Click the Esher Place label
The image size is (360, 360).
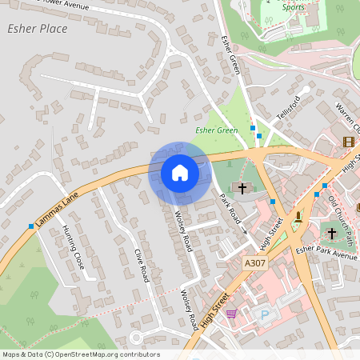coord(36,29)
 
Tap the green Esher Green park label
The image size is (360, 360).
coord(216,130)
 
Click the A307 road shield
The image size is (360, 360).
coord(254,262)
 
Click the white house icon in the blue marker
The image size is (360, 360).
coord(180,173)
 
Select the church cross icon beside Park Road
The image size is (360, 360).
coord(241,188)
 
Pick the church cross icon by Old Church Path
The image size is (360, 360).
coord(334,233)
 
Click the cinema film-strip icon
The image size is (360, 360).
coord(348,142)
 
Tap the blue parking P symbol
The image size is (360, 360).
coord(265,314)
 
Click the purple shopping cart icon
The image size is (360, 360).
coord(232,313)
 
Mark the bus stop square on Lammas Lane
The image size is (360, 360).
coord(31,227)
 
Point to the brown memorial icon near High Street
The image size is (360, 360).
coord(298,215)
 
